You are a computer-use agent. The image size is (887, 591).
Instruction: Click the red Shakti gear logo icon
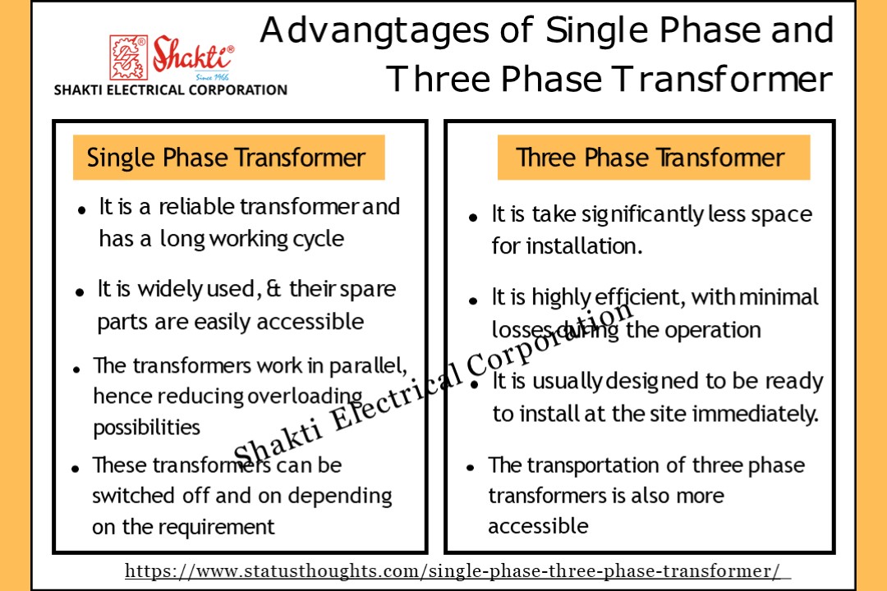[128, 57]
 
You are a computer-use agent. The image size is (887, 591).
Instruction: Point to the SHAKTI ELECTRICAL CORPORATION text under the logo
[170, 90]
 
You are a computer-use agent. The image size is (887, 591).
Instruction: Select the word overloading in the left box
[305, 396]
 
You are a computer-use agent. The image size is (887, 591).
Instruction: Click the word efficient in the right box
[632, 297]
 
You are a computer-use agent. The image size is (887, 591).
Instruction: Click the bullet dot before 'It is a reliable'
[82, 210]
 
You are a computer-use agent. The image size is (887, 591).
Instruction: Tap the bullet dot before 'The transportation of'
[471, 468]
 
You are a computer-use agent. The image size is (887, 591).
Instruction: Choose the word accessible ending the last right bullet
[538, 526]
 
